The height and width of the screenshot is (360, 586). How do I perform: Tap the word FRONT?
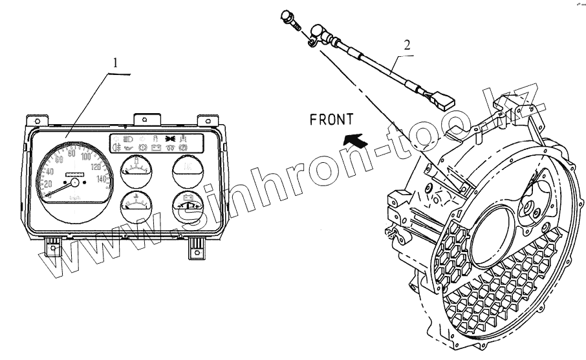click(x=331, y=119)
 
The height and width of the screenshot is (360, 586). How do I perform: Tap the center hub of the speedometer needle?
click(x=74, y=184)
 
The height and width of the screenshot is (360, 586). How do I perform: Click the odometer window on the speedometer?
click(x=75, y=175)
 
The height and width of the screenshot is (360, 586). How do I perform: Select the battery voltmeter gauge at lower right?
click(x=188, y=209)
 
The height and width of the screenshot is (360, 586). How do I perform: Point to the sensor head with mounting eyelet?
click(x=318, y=34)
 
